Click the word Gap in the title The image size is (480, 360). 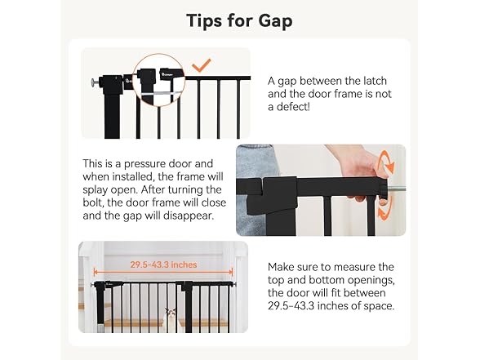[275, 21]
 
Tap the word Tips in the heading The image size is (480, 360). [204, 20]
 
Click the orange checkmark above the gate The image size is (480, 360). [201, 65]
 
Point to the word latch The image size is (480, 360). [375, 81]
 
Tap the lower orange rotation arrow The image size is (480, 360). [384, 208]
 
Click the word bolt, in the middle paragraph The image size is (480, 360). [93, 202]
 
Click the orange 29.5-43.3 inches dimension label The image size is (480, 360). [163, 264]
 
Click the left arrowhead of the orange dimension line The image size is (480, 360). [96, 272]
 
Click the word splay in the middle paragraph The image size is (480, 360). [95, 189]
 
